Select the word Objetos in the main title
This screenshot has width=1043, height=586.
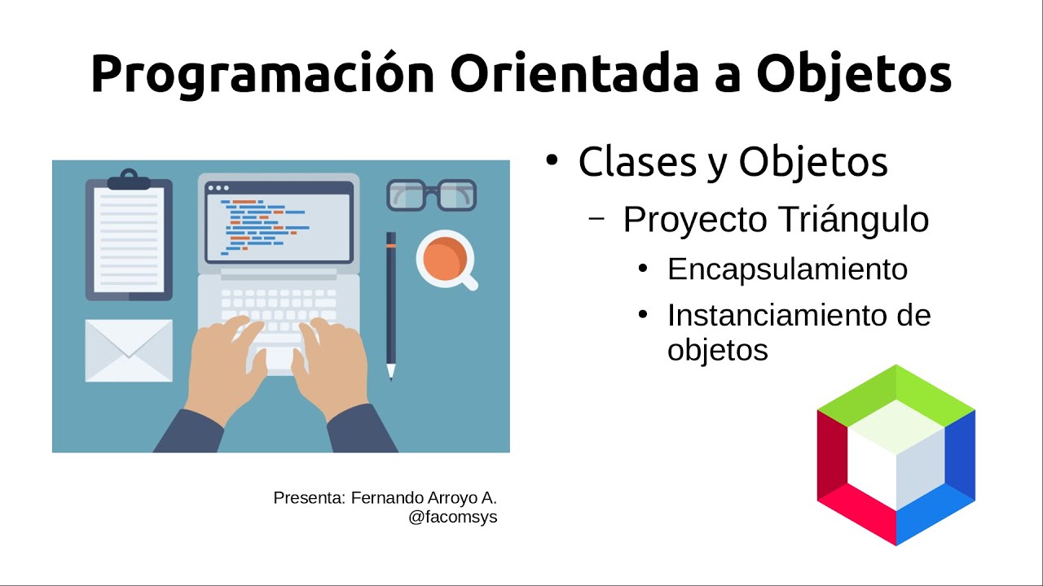click(853, 73)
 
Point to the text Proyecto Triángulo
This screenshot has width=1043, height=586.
click(776, 220)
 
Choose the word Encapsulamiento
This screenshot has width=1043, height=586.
click(787, 269)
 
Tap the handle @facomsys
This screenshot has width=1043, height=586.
click(453, 517)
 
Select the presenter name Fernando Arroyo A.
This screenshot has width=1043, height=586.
click(424, 497)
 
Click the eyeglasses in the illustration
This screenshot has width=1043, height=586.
click(431, 195)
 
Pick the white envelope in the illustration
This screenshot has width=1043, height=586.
click(129, 350)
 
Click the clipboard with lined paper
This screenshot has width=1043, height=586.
click(129, 240)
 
